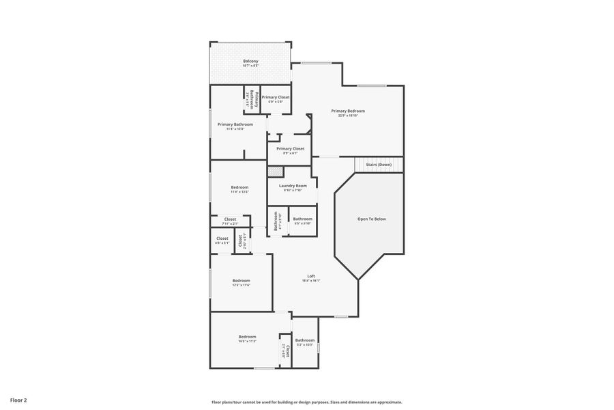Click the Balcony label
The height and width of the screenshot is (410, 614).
click(x=250, y=61)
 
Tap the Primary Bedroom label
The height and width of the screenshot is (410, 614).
click(x=348, y=111)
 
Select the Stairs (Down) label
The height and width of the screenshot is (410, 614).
click(x=379, y=165)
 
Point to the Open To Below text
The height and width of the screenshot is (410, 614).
click(x=372, y=219)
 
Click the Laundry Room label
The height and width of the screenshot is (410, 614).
click(x=293, y=185)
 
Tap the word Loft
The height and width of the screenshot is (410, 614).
click(x=311, y=276)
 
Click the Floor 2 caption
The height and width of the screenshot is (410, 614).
click(x=18, y=399)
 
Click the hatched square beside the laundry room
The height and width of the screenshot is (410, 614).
click(x=274, y=171)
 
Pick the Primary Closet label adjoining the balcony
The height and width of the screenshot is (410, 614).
click(x=276, y=97)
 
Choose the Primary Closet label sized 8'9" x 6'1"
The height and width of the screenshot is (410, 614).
click(x=290, y=148)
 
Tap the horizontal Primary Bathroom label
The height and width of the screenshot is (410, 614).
click(x=235, y=124)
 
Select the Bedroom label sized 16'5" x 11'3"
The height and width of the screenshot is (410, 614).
click(x=247, y=336)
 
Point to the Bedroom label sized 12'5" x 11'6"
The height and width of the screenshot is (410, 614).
click(x=241, y=280)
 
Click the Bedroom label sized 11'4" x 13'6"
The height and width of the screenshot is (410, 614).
click(x=239, y=187)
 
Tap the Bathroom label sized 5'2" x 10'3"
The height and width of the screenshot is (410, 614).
click(x=305, y=340)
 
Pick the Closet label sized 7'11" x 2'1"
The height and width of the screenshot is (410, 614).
click(x=230, y=219)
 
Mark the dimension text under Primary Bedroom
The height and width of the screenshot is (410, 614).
click(x=348, y=115)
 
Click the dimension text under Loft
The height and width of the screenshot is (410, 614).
click(x=311, y=280)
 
